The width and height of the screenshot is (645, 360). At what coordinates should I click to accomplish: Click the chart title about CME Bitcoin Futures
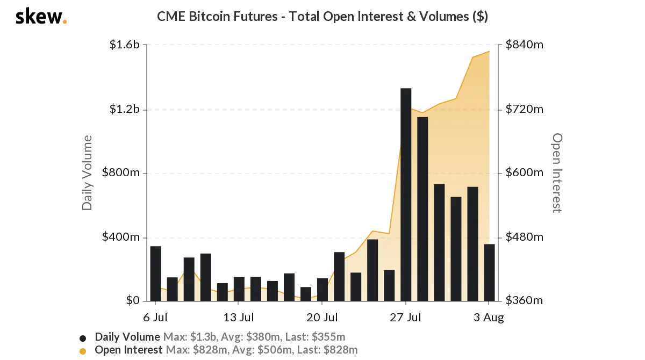(x=322, y=17)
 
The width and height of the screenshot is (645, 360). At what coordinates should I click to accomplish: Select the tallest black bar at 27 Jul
(x=406, y=194)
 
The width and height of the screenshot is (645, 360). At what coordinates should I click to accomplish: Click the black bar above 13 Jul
(x=239, y=289)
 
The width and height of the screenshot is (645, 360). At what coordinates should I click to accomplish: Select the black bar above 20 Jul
(x=322, y=290)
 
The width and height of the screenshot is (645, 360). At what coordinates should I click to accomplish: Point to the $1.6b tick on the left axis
(x=124, y=45)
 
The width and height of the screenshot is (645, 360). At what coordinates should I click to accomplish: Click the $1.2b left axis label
(x=124, y=110)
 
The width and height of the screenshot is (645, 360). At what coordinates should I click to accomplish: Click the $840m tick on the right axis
(x=525, y=45)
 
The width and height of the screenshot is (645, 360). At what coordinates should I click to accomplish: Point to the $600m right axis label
(x=525, y=173)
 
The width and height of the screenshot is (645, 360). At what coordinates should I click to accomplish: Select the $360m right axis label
(x=525, y=301)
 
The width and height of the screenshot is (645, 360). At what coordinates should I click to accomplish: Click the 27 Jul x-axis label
(x=406, y=318)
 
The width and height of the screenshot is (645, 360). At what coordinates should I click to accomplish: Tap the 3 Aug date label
(x=489, y=318)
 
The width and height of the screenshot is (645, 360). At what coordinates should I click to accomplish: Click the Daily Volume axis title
(x=87, y=172)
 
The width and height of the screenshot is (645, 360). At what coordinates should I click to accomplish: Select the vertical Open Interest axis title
(x=557, y=172)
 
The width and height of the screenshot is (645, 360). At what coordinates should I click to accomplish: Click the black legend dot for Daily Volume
(x=83, y=338)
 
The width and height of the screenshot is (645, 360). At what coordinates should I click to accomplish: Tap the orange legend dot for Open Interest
(x=83, y=351)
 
